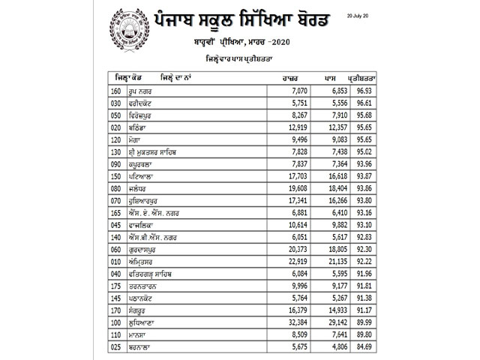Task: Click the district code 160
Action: coord(115,90)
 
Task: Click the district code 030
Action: coord(115,102)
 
